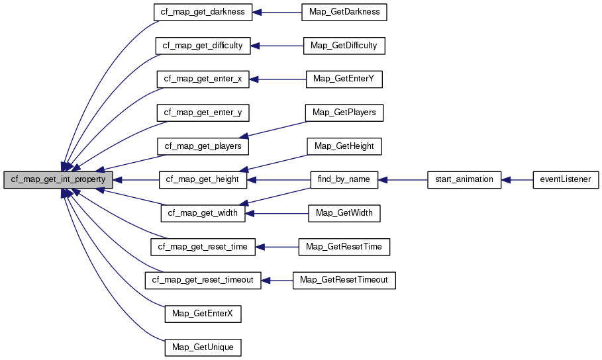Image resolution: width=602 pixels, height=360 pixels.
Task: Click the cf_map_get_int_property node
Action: [x=58, y=179]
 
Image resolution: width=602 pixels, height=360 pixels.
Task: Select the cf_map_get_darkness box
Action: [x=203, y=13]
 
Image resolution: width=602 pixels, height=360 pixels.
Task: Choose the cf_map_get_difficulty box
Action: [x=203, y=46]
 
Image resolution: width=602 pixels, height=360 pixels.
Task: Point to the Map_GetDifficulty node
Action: [x=344, y=46]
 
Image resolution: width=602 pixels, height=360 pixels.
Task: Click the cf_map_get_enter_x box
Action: [x=203, y=79]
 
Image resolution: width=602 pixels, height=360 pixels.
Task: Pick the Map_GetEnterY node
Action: [x=344, y=79]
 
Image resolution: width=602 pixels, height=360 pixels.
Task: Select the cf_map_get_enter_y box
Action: [x=203, y=112]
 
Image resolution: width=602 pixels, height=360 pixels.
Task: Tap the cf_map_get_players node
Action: [x=203, y=146]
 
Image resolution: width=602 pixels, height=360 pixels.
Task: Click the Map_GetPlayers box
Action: [x=344, y=112]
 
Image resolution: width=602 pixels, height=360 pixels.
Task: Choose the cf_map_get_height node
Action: [x=203, y=179]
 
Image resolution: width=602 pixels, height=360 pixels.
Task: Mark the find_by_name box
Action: [x=344, y=179]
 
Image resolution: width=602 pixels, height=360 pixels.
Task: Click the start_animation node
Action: [x=464, y=179]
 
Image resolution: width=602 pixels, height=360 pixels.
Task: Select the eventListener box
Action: [x=566, y=179]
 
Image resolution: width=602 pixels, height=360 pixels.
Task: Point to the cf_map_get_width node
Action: [x=203, y=213]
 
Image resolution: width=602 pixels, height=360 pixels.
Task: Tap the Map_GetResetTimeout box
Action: [x=344, y=280]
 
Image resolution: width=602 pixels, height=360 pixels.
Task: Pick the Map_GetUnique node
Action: [x=203, y=346]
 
